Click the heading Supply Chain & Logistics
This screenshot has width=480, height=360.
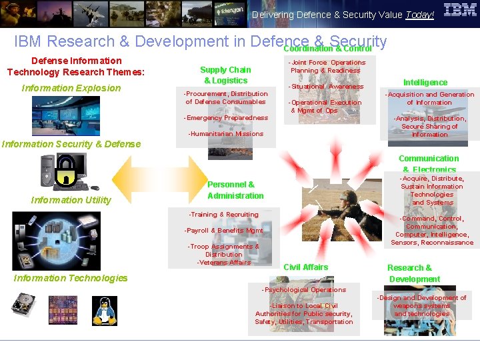pos(225,75)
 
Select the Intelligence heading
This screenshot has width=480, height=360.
pos(425,83)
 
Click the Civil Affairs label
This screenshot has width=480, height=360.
pos(306,267)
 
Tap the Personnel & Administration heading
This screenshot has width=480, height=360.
pos(235,190)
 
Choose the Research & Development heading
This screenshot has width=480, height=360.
pos(414,273)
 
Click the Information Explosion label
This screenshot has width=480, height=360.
pos(71,88)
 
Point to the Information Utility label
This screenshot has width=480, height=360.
pos(71,200)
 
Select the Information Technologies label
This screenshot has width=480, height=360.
pos(71,278)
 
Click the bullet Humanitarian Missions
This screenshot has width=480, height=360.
pos(226,134)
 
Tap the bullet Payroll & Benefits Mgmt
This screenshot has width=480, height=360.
pos(224,231)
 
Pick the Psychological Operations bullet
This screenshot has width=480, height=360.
pos(305,290)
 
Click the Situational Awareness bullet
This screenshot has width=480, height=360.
pos(326,87)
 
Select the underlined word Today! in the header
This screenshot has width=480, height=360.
pos(420,15)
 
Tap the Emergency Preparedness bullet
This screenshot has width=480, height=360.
pos(226,118)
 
